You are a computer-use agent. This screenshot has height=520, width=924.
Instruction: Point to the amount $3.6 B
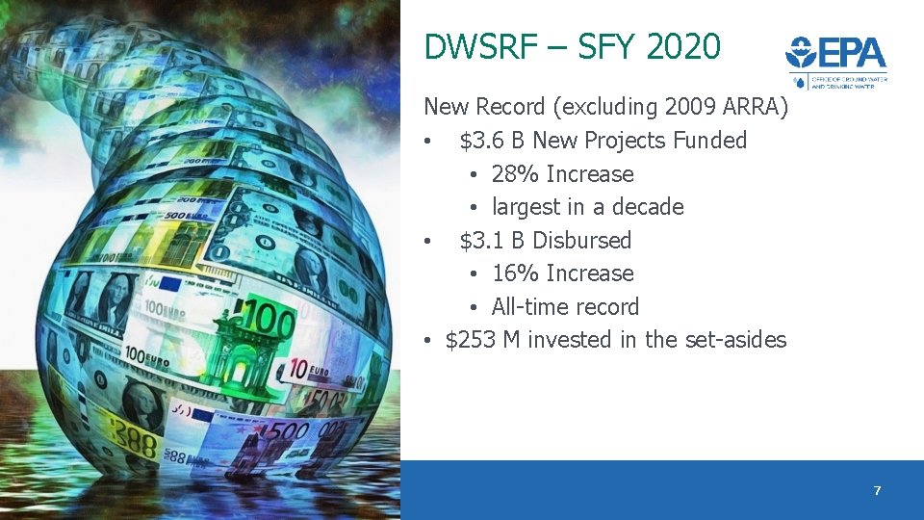[x=492, y=141]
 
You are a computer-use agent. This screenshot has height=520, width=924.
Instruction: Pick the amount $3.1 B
[x=492, y=240]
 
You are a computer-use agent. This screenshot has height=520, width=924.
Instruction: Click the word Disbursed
[x=581, y=240]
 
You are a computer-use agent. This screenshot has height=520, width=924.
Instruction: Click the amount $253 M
[x=483, y=340]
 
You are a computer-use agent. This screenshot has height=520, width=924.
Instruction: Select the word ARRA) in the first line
[x=757, y=107]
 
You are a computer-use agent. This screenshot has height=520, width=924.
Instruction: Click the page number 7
[x=877, y=491]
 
